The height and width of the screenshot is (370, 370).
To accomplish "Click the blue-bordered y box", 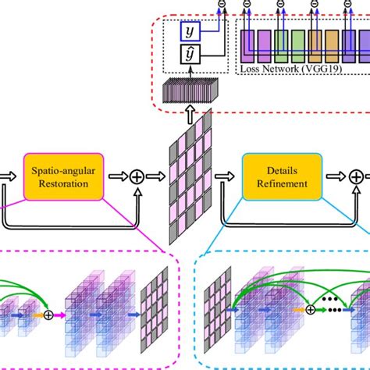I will [190, 31].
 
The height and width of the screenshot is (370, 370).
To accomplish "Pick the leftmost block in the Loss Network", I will [247, 44].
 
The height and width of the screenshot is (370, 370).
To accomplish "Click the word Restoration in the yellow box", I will [70, 184].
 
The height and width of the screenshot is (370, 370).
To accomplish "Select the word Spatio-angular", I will [70, 170].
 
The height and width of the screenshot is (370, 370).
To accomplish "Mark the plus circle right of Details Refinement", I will [355, 177].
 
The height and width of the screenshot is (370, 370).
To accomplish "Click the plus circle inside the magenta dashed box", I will [52, 315].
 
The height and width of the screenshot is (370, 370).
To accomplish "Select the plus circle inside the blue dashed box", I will [310, 309].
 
